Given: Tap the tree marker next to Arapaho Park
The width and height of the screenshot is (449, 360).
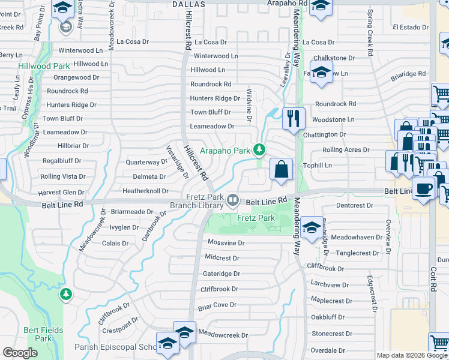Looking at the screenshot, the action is click(259, 148).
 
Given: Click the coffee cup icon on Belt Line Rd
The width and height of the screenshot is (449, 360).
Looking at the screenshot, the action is click(424, 188).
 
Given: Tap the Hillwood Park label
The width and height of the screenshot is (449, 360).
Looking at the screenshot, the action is click(44, 66).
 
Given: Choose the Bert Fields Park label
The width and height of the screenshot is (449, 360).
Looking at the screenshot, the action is click(37, 334).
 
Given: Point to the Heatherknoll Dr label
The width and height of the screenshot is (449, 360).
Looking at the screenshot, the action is click(145, 191).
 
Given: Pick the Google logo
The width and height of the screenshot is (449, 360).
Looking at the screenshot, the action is click(20, 353).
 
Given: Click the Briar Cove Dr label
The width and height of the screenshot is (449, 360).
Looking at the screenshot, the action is click(217, 305).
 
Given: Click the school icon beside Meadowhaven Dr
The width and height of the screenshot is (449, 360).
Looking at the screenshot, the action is click(312, 229).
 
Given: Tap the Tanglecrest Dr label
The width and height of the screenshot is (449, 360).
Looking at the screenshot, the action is click(358, 253).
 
